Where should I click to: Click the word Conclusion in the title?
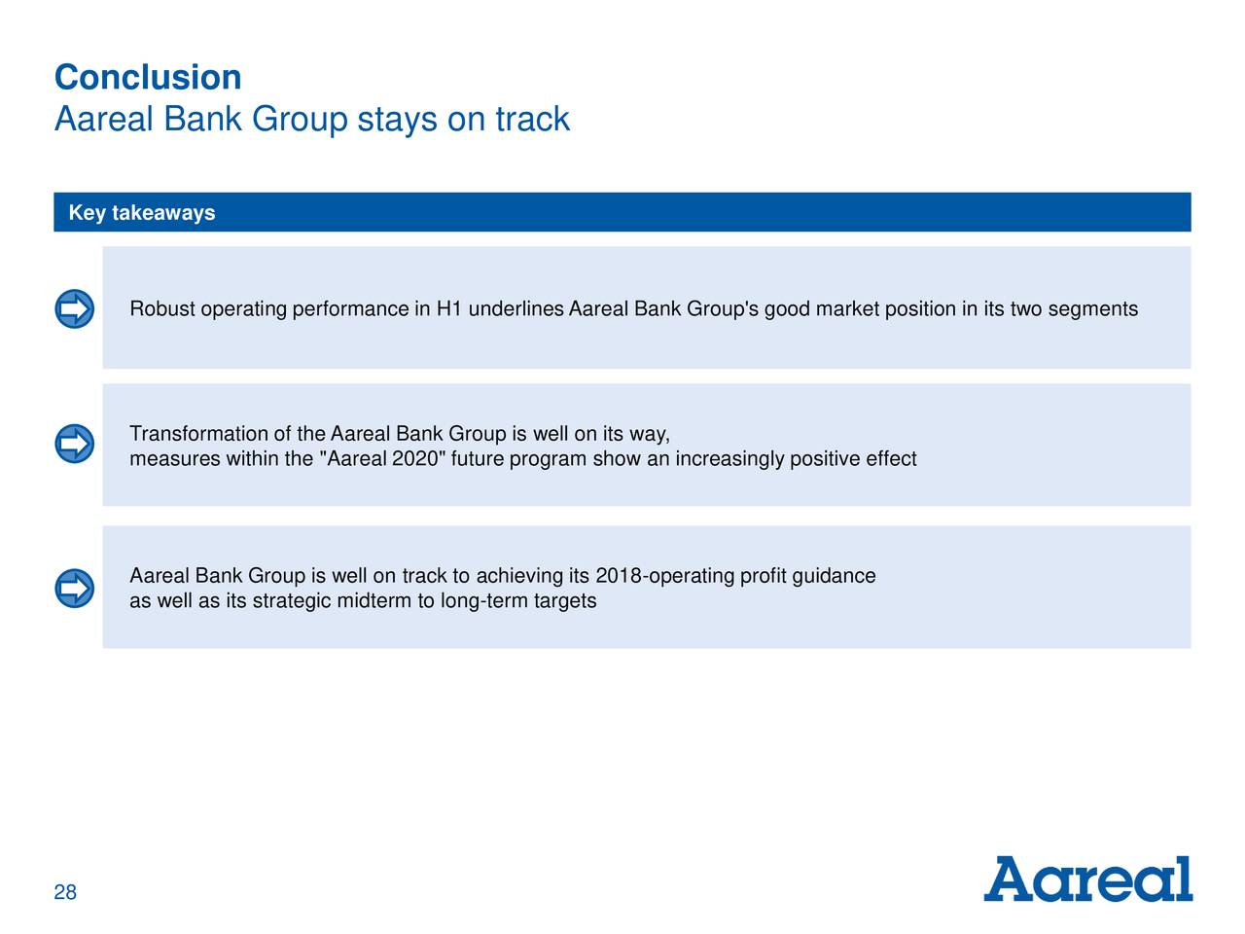click(x=148, y=77)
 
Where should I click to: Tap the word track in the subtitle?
click(x=533, y=119)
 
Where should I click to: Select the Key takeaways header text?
click(x=142, y=213)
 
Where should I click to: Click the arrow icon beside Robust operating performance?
click(x=74, y=309)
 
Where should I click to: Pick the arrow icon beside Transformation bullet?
click(x=74, y=444)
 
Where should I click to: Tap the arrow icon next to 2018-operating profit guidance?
click(x=74, y=588)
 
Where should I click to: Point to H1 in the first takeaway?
click(x=449, y=309)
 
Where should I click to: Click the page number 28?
click(x=65, y=892)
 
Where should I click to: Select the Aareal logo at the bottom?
click(x=1087, y=879)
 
